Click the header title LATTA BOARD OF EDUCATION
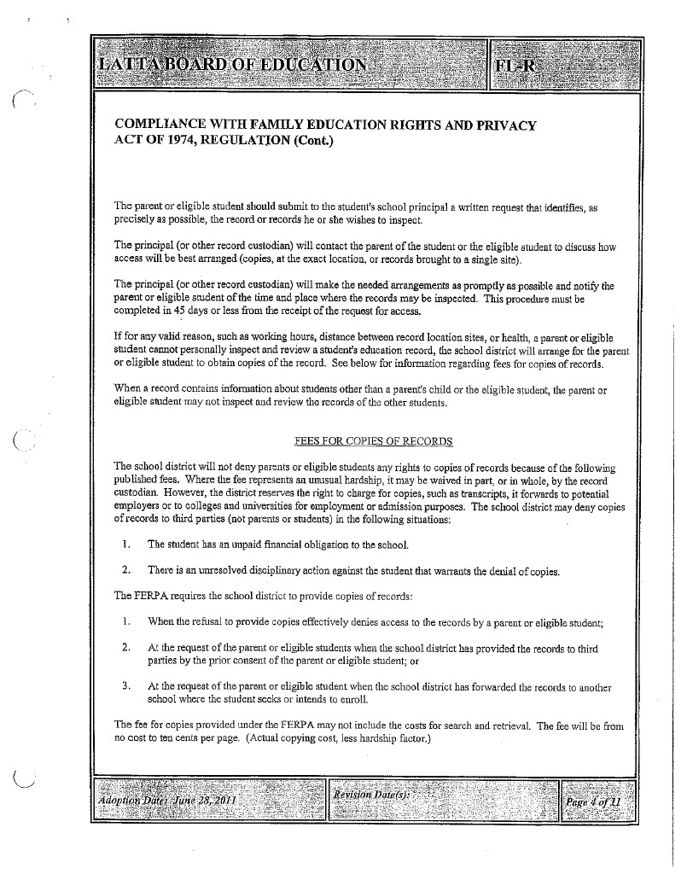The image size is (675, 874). click(x=232, y=65)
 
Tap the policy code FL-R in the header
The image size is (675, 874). click(x=515, y=65)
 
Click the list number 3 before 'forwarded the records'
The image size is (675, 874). click(x=125, y=685)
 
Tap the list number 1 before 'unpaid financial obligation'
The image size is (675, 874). click(x=125, y=544)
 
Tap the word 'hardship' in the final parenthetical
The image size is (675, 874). click(x=381, y=739)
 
